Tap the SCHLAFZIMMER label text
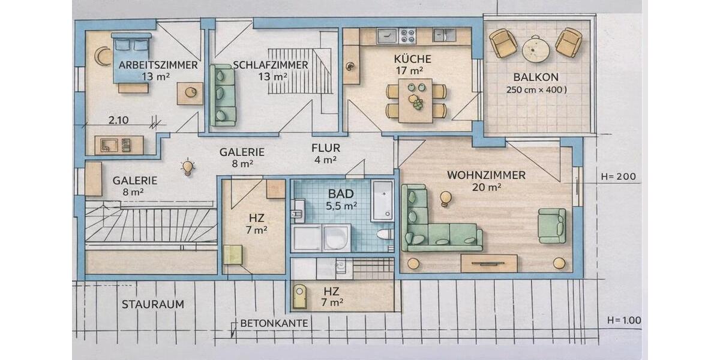click(271, 65)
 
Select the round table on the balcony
click(536, 49)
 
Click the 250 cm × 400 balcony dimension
click(536, 90)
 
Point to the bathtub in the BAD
click(382, 200)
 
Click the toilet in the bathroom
click(384, 234)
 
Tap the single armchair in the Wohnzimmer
click(551, 226)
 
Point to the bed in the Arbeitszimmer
click(131, 58)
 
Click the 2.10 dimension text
click(118, 120)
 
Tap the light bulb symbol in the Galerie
click(188, 167)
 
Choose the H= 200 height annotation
click(619, 177)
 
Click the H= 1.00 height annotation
click(623, 320)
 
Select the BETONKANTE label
click(274, 323)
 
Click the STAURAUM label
click(153, 304)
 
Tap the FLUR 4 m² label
click(325, 154)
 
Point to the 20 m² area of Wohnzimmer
click(486, 187)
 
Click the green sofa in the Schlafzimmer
click(223, 95)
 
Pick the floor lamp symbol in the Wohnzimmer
click(445, 198)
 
